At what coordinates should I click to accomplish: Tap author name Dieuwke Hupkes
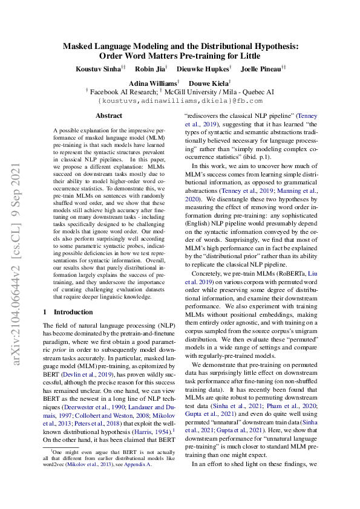pos(204,70)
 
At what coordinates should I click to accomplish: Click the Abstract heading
pos(109,115)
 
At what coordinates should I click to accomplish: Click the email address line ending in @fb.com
pos(180,101)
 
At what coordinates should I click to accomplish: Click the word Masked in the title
pos(83,45)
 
